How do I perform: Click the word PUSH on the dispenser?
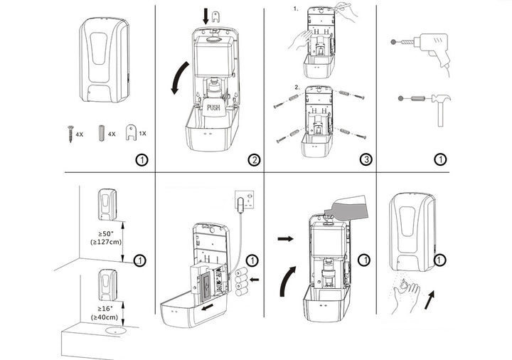pos(215,108)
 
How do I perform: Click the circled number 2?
pos(255,159)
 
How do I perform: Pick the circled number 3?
pos(366,159)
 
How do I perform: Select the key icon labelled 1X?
pos(130,133)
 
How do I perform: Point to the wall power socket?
pos(245,201)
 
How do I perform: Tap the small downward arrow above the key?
pos(206,15)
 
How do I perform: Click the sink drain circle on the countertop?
pos(110,331)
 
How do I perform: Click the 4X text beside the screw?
pos(80,134)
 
